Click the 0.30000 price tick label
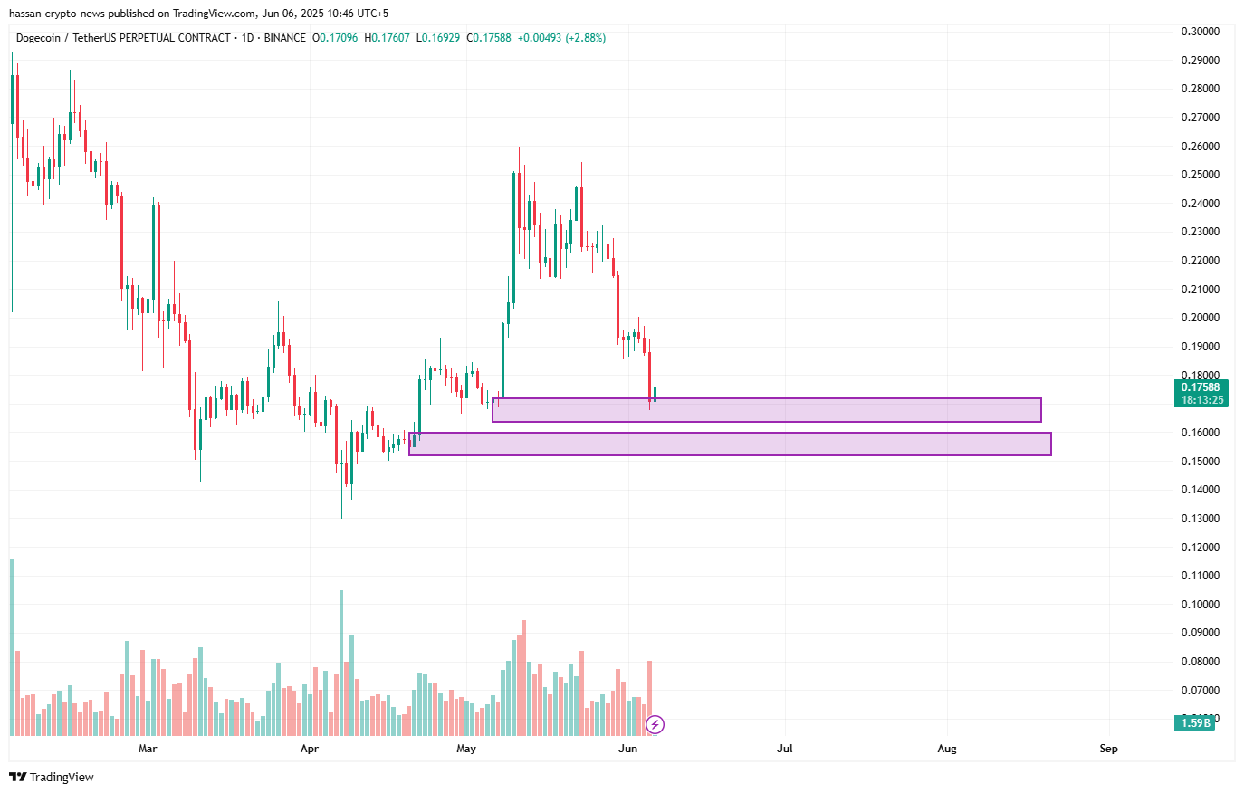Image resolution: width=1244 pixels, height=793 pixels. [1200, 32]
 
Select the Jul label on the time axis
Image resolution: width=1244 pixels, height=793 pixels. [785, 749]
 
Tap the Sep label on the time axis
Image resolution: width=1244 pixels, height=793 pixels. [1108, 749]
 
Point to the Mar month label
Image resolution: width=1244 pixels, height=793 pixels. [148, 749]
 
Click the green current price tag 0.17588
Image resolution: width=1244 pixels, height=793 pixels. [1201, 387]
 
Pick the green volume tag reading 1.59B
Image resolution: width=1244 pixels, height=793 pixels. [1195, 722]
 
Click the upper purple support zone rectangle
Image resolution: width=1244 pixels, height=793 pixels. [766, 410]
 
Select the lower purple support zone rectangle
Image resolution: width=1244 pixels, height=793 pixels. [730, 444]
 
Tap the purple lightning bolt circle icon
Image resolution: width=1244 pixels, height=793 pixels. [655, 724]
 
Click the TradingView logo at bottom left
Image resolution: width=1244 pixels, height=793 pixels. [52, 777]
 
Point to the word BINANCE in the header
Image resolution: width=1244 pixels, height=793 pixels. [284, 38]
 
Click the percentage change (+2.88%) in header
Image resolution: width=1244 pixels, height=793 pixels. [586, 38]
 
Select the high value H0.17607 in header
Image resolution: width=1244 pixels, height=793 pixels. [387, 38]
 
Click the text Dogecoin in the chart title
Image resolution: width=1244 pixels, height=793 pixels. [38, 38]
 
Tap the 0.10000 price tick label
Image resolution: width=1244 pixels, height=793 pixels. [1200, 605]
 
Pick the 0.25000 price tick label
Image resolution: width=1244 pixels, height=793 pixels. [1200, 175]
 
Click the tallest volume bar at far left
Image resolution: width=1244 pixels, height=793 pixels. [12, 646]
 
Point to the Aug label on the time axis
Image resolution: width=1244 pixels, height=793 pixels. [947, 749]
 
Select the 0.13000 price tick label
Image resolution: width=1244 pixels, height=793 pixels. [1200, 519]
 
